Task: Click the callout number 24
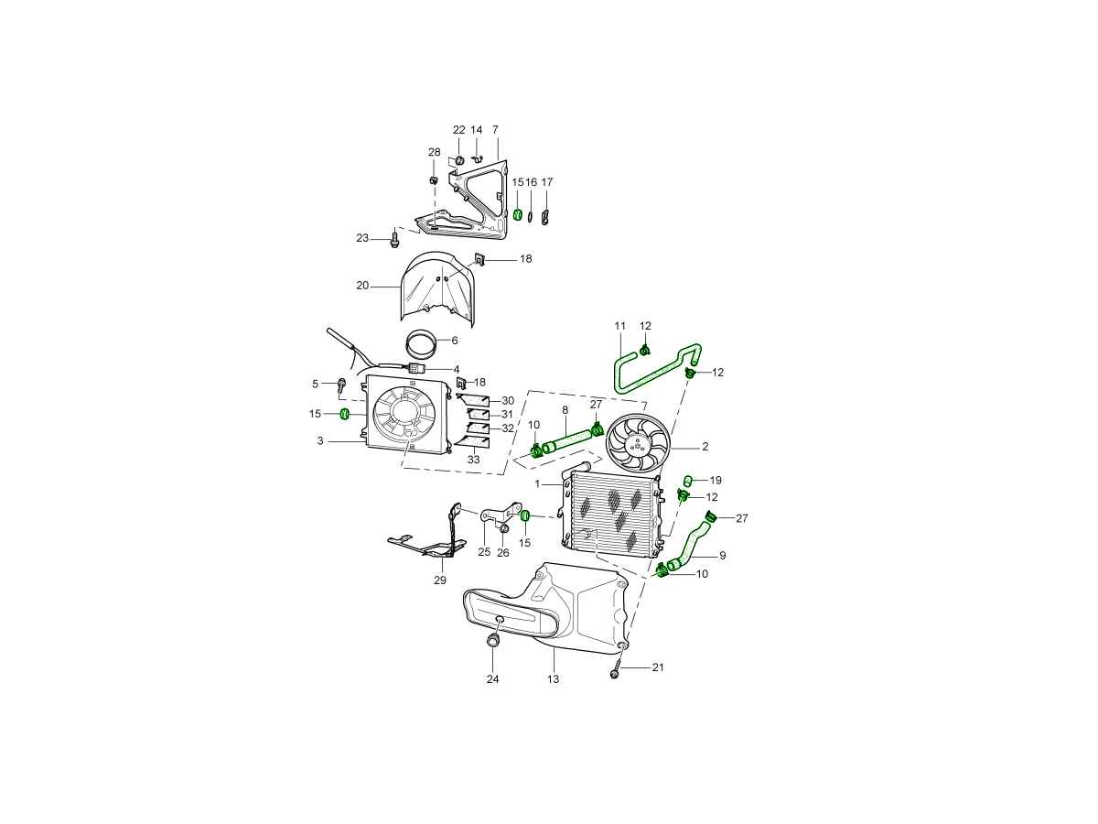492,679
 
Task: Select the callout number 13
553,679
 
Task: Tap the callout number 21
658,667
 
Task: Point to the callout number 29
440,580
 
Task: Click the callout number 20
362,285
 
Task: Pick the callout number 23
362,238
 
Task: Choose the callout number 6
454,341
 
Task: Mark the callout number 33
473,459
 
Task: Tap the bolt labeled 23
394,238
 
